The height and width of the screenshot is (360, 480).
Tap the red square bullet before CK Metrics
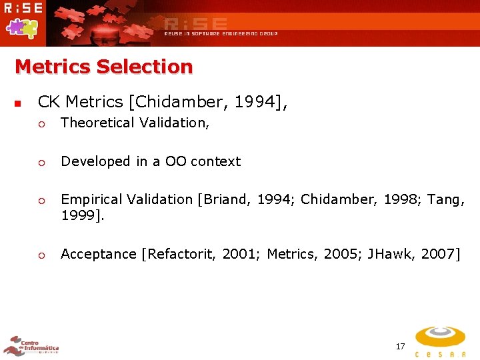[18, 104]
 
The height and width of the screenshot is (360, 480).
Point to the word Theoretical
[99, 123]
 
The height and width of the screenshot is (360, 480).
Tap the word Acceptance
[99, 253]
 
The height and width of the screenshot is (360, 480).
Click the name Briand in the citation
[223, 199]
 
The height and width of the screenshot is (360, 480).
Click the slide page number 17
[400, 346]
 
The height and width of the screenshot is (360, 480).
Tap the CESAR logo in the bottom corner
[440, 341]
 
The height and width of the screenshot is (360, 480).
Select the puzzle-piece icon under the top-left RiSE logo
[21, 27]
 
